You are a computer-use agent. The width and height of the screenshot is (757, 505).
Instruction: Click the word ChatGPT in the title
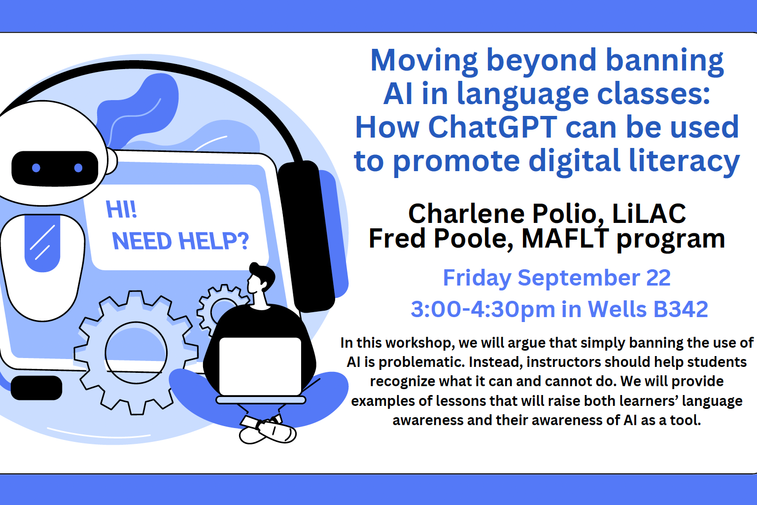tap(493, 127)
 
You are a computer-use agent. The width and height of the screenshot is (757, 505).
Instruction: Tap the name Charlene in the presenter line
tap(466, 214)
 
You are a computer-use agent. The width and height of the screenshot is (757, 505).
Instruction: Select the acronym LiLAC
tap(649, 214)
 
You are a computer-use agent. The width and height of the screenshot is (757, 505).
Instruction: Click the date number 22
tap(658, 278)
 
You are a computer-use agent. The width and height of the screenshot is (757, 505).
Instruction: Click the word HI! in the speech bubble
tap(121, 210)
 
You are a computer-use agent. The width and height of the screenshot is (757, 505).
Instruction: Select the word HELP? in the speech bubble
tap(213, 241)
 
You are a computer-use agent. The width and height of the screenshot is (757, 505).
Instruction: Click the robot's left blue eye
tap(36, 168)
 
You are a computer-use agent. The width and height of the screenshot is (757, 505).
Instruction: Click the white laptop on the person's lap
tap(260, 366)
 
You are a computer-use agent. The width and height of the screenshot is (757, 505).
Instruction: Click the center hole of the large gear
tap(136, 353)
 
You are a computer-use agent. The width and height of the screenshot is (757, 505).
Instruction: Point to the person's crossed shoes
tap(268, 430)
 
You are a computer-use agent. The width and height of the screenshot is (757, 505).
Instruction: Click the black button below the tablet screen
tap(36, 388)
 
